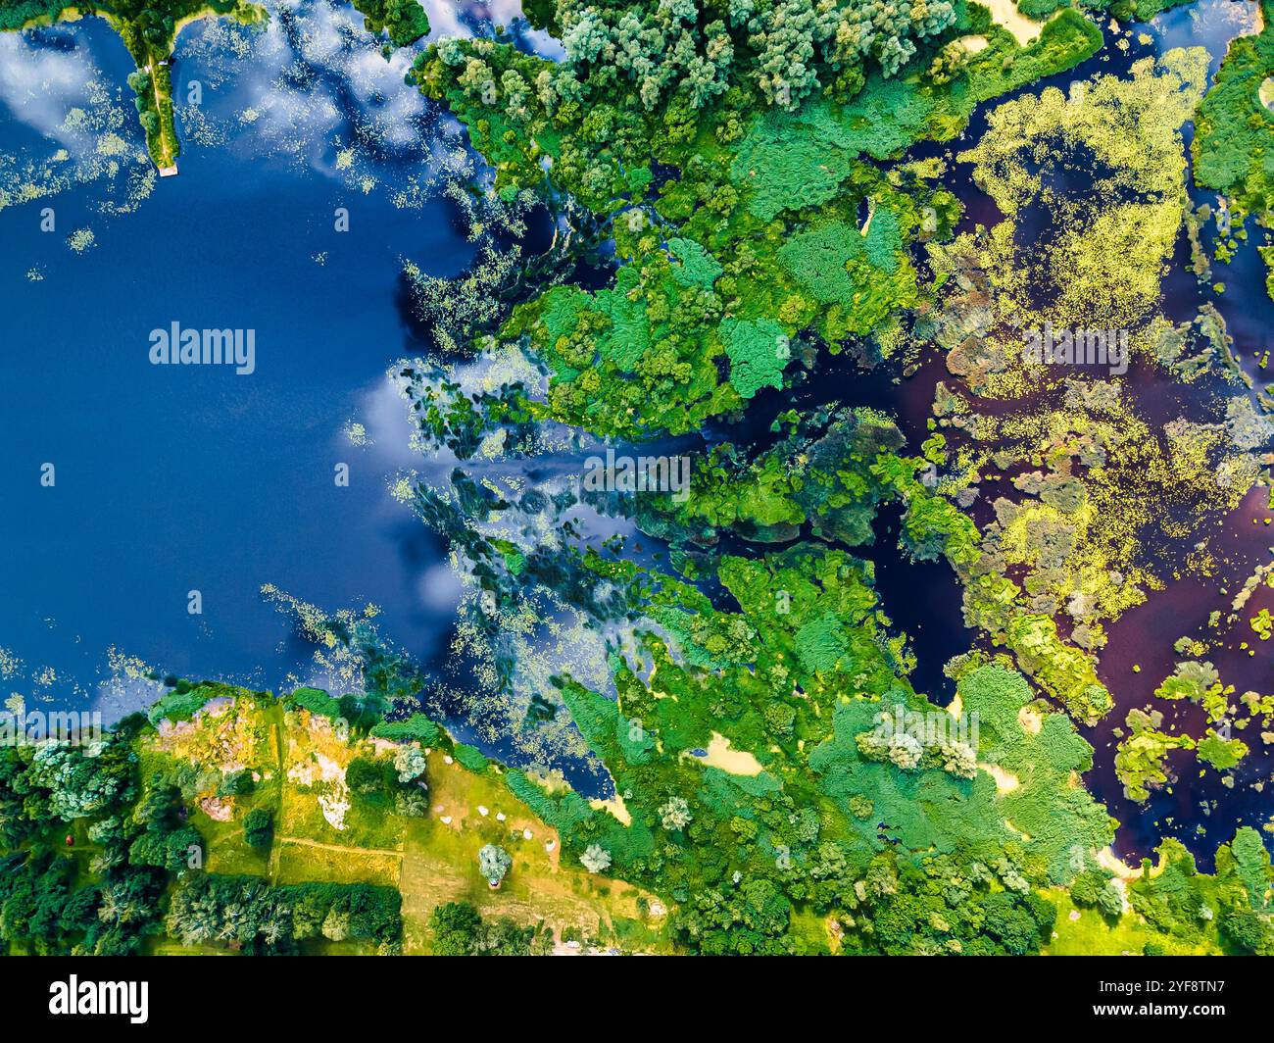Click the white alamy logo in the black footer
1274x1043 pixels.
pyautogui.click(x=99, y=999)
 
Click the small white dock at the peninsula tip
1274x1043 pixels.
pyautogui.click(x=169, y=171)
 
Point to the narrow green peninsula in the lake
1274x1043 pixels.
pyautogui.click(x=157, y=108)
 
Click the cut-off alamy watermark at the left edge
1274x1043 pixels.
pyautogui.click(x=49, y=726)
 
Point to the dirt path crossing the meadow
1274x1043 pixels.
pyautogui.click(x=338, y=845)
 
